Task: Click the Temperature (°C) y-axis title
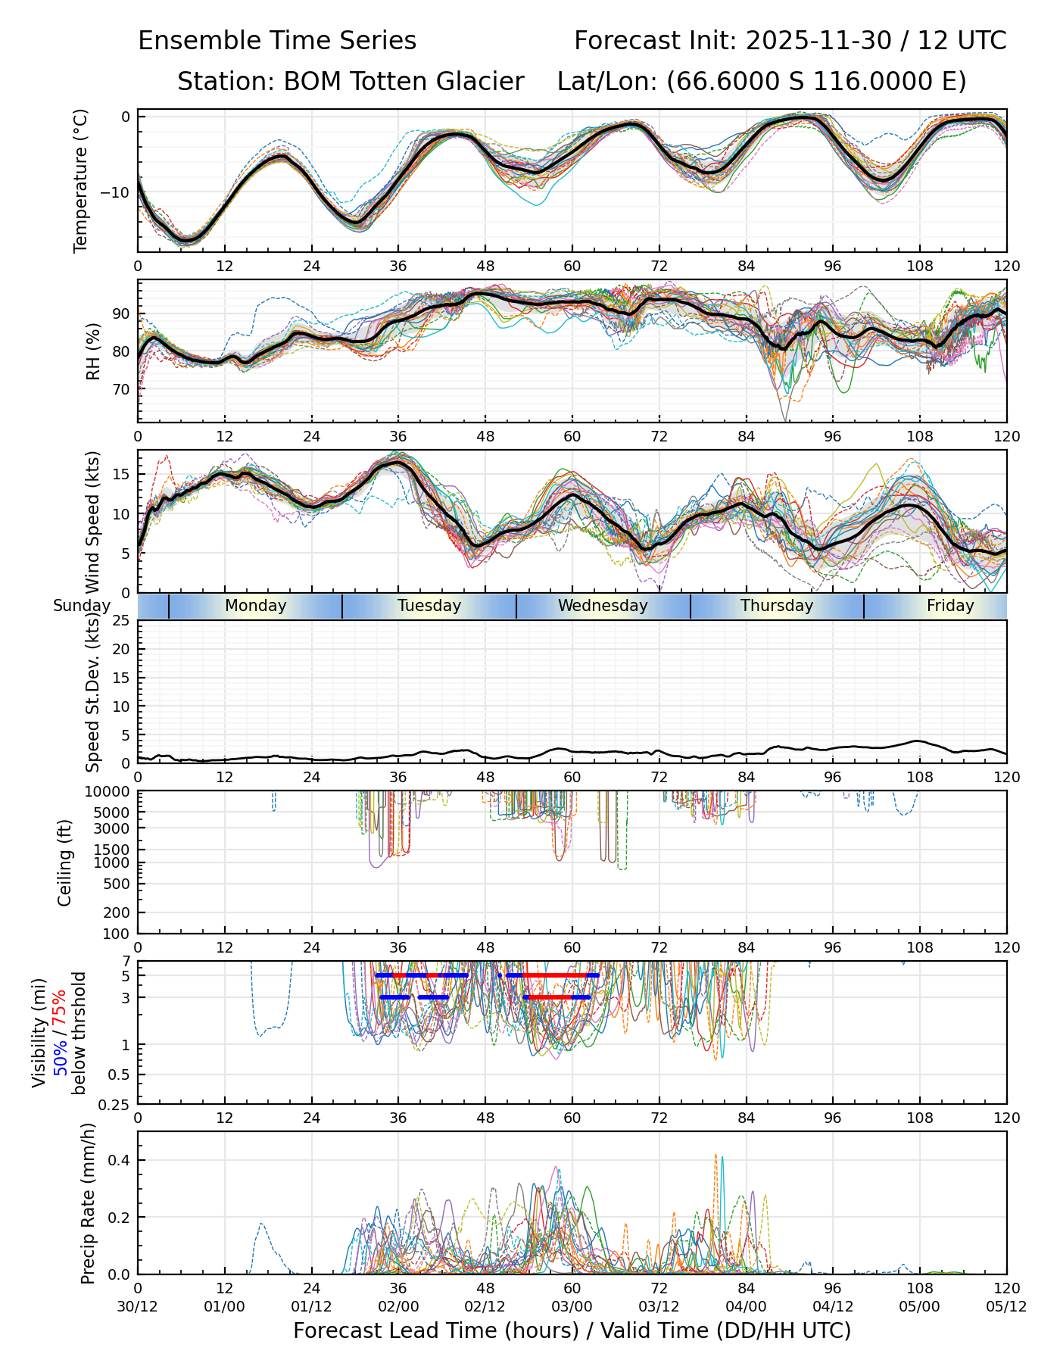point(81,180)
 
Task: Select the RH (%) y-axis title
point(93,351)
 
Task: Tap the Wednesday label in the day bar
point(603,606)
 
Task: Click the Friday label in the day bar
point(950,606)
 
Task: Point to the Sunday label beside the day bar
point(82,606)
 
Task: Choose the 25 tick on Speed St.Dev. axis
point(121,621)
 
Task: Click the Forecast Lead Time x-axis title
point(572,1331)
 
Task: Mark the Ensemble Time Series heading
point(277,41)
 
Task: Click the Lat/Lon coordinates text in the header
point(762,82)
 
